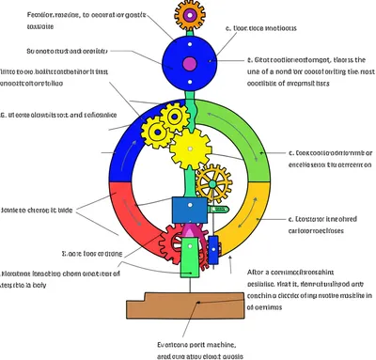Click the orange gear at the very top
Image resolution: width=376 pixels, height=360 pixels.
point(189,13)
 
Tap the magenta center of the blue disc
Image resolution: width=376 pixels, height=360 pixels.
point(190,64)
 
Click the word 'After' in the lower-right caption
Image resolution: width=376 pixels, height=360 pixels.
point(256,274)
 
